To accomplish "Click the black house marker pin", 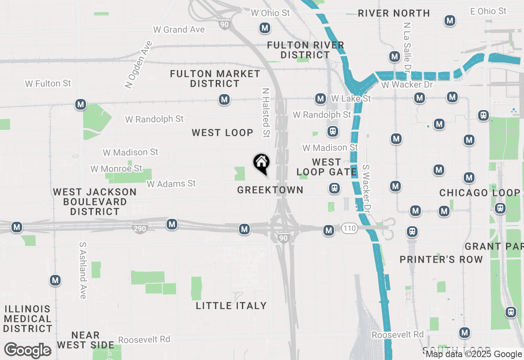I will tap(261, 163).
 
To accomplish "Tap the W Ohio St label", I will tap(270, 13).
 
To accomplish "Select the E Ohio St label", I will tap(488, 11).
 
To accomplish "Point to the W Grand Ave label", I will tap(179, 29).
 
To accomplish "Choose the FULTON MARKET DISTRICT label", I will tap(215, 79).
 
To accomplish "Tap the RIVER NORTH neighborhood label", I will tap(394, 13).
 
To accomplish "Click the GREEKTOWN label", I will tap(270, 190).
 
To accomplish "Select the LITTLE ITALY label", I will tap(231, 306).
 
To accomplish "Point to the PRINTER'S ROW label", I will tap(441, 259).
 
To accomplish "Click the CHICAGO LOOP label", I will tap(480, 193).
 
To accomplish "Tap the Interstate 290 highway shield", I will tap(140, 229).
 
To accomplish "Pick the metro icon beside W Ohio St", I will tap(265, 28).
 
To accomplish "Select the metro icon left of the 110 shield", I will tap(328, 231).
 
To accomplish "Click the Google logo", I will tap(28, 350).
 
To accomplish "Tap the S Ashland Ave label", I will tap(83, 270).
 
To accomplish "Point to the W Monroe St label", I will tap(116, 169).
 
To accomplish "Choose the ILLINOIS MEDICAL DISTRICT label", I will tap(28, 319).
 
